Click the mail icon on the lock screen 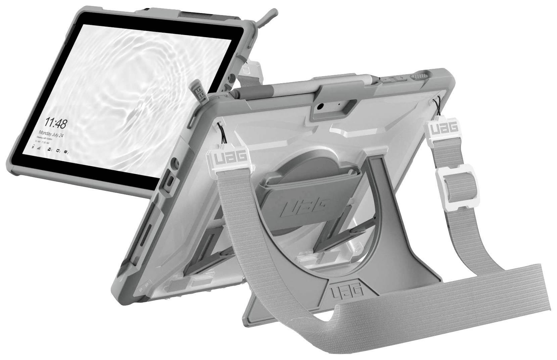tap(49, 149)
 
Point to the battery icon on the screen tap(33, 147)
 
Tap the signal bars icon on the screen tap(39, 147)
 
